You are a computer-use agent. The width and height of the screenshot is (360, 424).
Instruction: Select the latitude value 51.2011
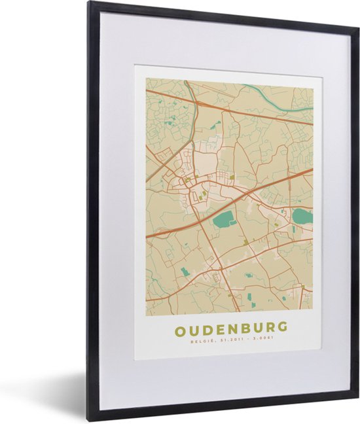click(226, 339)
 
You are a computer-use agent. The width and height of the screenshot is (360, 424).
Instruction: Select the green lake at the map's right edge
click(302, 216)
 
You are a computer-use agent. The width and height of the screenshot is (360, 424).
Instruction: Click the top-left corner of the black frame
click(90, 4)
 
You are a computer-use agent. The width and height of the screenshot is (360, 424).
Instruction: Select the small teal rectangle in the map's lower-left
click(185, 272)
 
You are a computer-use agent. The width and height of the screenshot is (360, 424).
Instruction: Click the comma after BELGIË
click(211, 340)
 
